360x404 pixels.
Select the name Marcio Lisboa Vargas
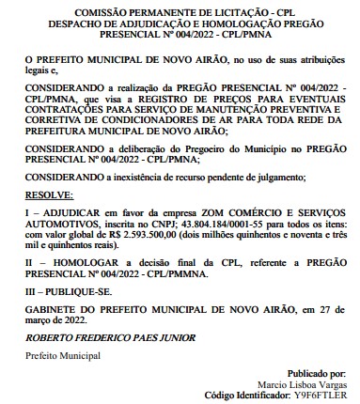point(305,385)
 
